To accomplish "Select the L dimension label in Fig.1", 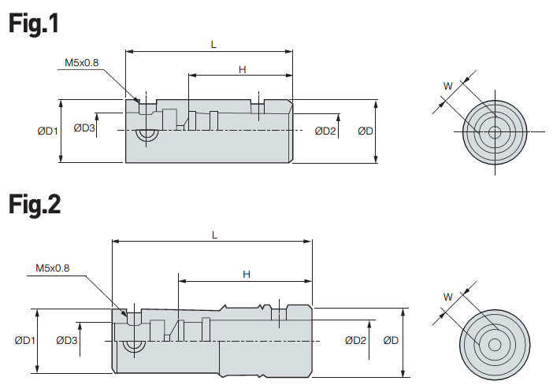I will (213, 44).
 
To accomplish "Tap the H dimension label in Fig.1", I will (243, 69).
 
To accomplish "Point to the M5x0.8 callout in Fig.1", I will (82, 61).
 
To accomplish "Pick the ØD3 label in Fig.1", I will (84, 128).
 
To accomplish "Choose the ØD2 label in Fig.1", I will (325, 131).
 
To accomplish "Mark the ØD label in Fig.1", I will (365, 131).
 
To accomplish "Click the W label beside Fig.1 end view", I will (447, 86).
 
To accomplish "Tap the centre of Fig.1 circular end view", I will (494, 132).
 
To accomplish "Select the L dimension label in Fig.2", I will (214, 235).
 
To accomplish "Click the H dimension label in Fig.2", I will (246, 274).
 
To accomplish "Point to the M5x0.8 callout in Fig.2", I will (53, 268).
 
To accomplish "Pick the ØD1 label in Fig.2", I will (24, 340).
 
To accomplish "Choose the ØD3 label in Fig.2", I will (67, 340).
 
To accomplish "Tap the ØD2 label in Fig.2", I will (355, 340).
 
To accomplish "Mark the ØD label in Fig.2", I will (392, 340).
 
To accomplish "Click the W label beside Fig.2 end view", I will (447, 297).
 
